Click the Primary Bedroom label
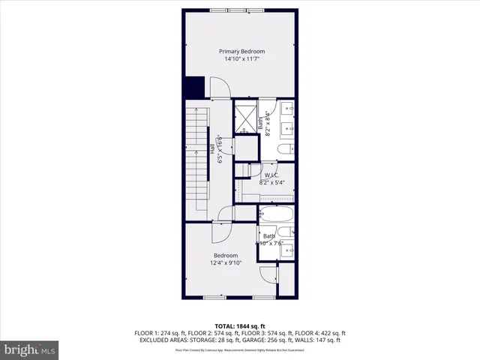coord(241,51)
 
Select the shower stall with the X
coord(244,118)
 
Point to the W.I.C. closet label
coord(271,175)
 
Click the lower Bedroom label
coord(226,255)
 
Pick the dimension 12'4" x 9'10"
coord(226,262)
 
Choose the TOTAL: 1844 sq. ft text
coord(240,325)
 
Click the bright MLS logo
coord(29,349)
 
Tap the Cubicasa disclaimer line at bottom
coord(240,349)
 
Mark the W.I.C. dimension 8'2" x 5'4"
coord(277,182)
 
